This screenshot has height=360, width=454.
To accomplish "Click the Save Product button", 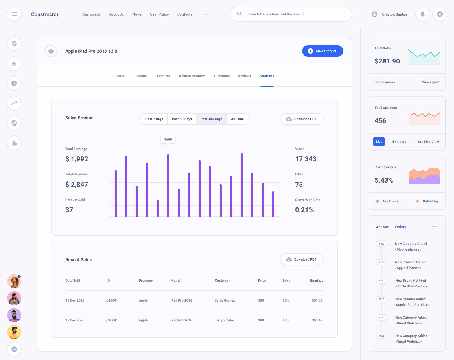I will coord(323,51).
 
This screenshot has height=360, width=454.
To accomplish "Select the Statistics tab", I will coord(267,76).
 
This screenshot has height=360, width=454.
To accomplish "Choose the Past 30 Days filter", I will coord(182,119).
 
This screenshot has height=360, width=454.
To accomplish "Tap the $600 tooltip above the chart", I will coord(168,139).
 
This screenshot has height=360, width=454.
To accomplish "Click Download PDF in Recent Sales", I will coord(302,259).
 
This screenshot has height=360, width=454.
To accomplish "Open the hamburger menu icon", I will coord(14,14).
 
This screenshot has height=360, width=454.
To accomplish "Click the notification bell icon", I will coord(423,14).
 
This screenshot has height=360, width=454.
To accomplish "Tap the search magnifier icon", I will coord(239,14).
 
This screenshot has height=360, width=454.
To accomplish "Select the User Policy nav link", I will coord(159,14).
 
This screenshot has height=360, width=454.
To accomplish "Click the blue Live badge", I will coord(379,142).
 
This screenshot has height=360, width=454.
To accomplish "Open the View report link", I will coord(430,82).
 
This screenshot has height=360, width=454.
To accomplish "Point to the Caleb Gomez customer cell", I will coord(224,300).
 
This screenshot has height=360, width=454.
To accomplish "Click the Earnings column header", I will coord(316,281).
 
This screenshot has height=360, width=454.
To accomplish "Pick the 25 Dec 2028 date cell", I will coord(75,320).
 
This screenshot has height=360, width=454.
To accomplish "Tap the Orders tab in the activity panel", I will coord(401,227).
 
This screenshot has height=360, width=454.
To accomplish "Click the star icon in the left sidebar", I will coord(14,63).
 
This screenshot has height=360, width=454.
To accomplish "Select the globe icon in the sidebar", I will coord(14,123).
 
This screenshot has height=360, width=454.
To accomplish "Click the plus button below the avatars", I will coord(14,349).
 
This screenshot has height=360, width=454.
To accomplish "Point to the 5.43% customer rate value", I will coord(384,180).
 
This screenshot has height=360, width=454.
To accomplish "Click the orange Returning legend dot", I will coord(417,201).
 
